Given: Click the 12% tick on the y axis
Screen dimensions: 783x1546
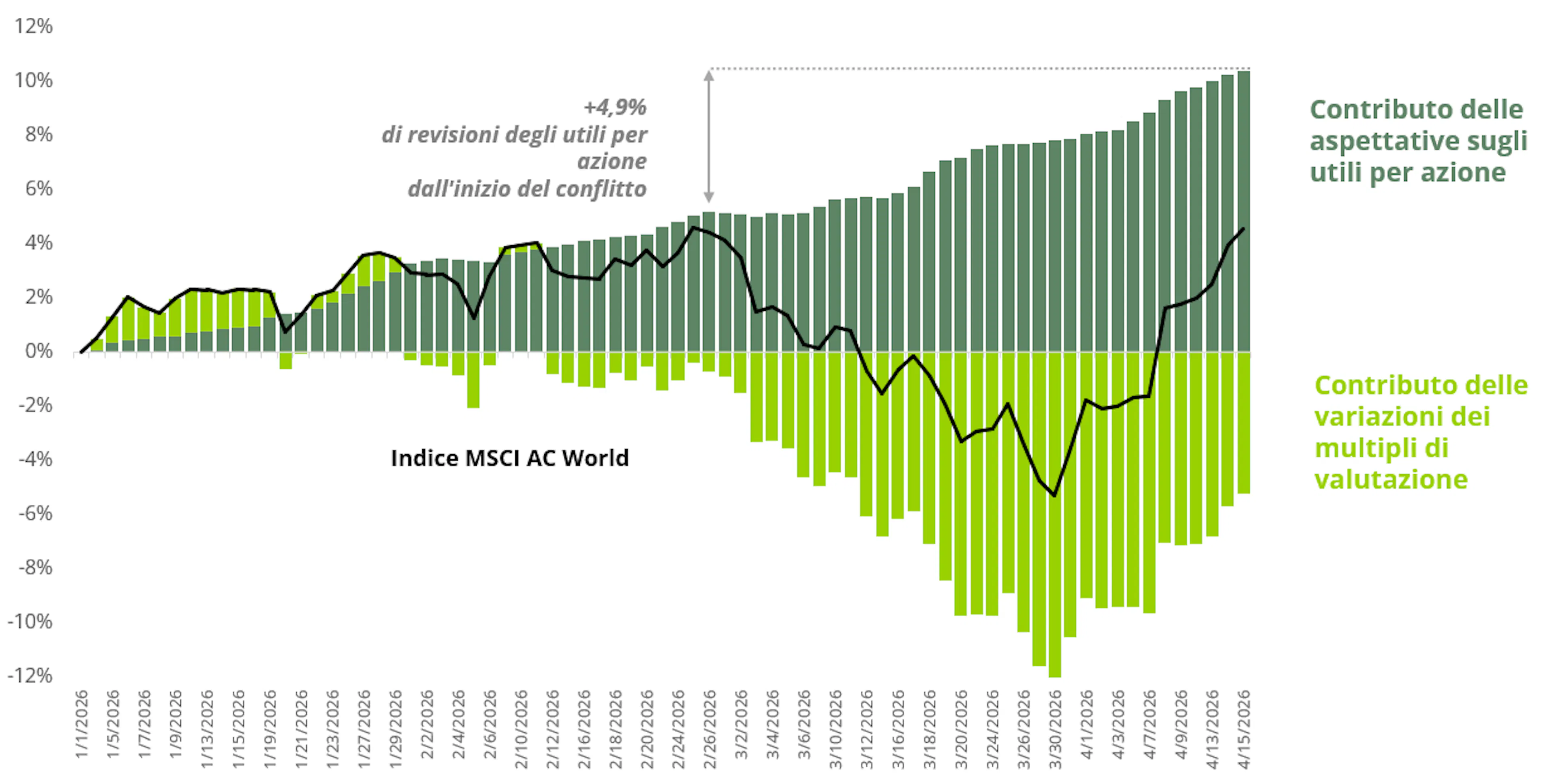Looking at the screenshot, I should (33, 26).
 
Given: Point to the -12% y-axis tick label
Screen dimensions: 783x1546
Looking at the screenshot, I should (30, 676).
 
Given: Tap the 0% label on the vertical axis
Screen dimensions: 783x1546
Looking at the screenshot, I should (38, 351).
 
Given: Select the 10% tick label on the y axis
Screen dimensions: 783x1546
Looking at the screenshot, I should (33, 80).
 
